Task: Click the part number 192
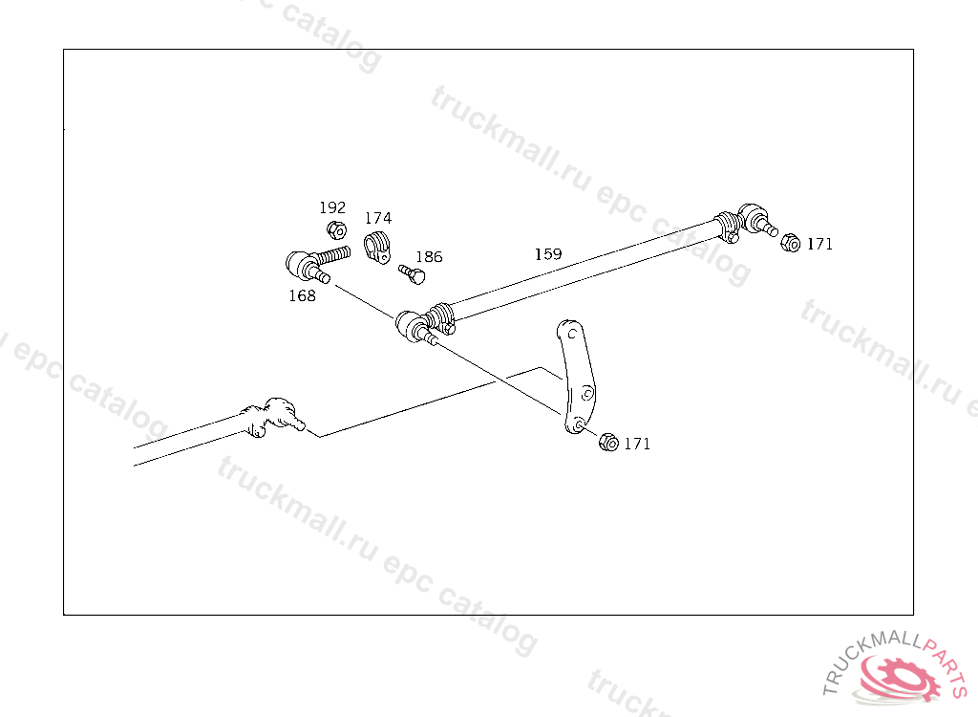[x=332, y=208]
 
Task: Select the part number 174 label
[x=378, y=219]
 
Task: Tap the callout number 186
[x=429, y=257]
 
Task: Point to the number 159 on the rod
[x=548, y=255]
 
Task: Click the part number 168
[x=302, y=296]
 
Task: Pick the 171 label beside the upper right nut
[x=819, y=245]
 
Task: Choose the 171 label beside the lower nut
[x=637, y=445]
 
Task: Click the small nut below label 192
[x=336, y=229]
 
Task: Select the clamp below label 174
[x=378, y=245]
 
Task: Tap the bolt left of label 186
[x=412, y=274]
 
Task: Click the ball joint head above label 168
[x=300, y=262]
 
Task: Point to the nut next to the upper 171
[x=790, y=243]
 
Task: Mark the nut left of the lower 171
[x=607, y=443]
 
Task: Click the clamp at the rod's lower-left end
[x=440, y=315]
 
